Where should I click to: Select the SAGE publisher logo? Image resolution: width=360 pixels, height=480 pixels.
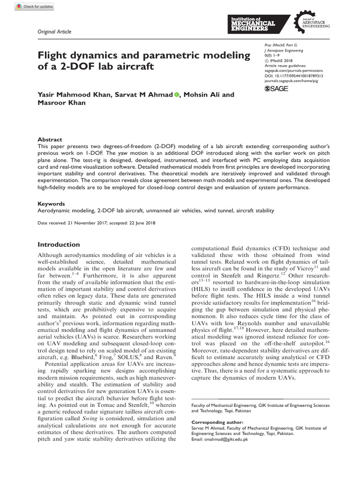[x=277, y=88]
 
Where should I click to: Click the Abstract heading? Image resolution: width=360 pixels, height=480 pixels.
[x=50, y=140]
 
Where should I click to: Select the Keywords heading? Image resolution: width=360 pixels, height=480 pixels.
[x=51, y=204]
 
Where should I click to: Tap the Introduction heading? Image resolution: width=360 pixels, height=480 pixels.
[x=59, y=244]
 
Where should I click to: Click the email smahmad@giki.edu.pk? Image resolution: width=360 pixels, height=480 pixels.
[x=224, y=441]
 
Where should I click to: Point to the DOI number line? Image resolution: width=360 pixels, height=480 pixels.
[x=294, y=75]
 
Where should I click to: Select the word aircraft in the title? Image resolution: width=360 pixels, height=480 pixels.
[x=134, y=66]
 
